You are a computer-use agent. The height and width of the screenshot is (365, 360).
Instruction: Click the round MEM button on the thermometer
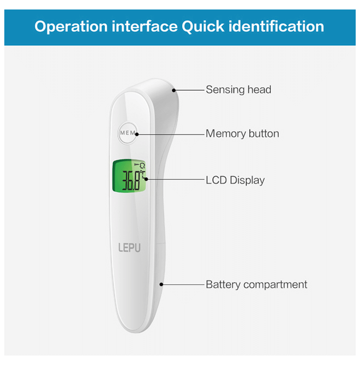128,133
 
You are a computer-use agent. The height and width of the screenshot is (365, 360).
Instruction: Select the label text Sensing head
238,90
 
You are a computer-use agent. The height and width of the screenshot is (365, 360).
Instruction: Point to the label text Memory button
242,133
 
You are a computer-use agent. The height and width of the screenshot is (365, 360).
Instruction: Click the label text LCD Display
235,180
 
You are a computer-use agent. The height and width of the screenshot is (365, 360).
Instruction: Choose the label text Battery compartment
256,285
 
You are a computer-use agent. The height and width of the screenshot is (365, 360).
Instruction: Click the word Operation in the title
71,26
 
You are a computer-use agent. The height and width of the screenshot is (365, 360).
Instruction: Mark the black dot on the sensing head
174,90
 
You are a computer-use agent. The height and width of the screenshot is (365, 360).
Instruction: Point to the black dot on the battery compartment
162,285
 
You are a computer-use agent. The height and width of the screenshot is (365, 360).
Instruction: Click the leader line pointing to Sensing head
189,90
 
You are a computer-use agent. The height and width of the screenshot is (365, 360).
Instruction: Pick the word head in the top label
260,90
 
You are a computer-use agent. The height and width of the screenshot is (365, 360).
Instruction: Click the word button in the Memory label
263,133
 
